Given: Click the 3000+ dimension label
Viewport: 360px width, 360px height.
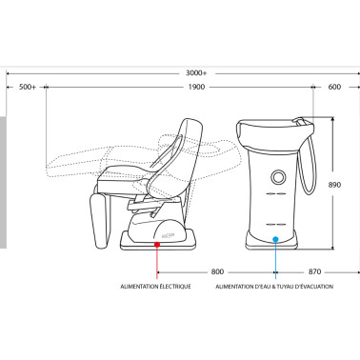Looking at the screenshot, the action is [196, 73].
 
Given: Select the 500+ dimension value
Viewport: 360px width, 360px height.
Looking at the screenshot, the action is [28, 87].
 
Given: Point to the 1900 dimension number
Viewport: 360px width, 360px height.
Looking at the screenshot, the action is [196, 87].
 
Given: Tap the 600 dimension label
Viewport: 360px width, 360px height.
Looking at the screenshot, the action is [334, 87].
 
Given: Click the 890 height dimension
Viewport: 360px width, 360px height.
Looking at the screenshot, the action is [334, 185].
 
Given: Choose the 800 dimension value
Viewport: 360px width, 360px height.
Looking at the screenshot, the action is [217, 271].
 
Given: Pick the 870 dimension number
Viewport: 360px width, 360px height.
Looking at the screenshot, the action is [314, 271].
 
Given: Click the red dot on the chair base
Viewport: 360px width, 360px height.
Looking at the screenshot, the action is [157, 245].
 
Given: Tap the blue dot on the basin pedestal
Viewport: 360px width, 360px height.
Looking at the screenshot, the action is [275, 239].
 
